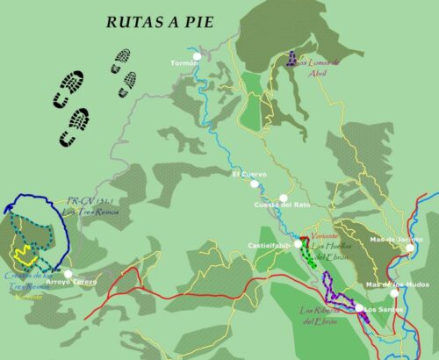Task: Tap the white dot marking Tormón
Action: [x=198, y=57]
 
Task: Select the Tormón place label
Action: [x=182, y=63]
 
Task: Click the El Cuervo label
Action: [x=248, y=174]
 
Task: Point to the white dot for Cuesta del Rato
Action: [x=282, y=198]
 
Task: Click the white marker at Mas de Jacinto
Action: [x=409, y=248]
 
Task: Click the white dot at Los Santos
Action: [x=359, y=307]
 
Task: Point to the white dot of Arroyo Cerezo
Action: [x=68, y=274]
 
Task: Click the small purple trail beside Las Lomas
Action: [x=291, y=61]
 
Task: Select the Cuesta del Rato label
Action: [x=282, y=205]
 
